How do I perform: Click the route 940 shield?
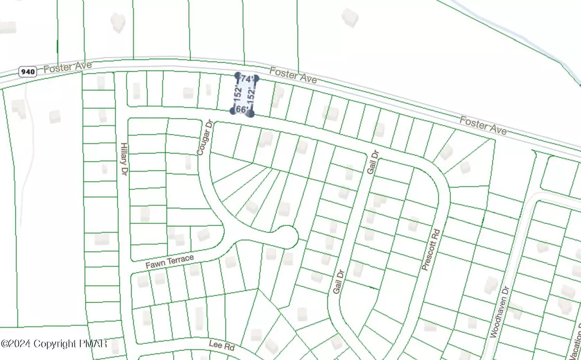(x=28, y=72)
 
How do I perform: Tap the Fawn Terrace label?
(x=169, y=262)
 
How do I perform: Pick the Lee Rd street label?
(x=221, y=344)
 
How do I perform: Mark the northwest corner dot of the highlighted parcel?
(x=238, y=76)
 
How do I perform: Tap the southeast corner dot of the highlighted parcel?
(x=251, y=113)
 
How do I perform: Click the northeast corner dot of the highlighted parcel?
(x=256, y=78)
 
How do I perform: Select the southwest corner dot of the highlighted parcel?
(x=233, y=110)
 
